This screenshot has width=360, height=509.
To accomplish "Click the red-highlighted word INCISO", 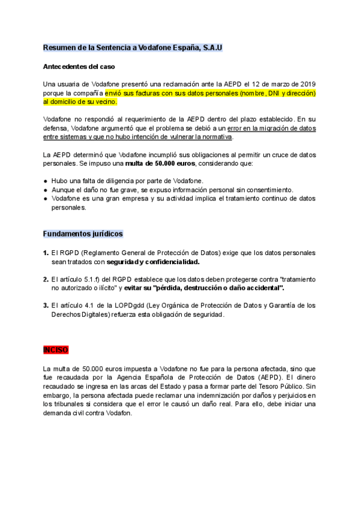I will [56, 350].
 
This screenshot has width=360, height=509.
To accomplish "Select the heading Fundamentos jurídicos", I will [83, 233].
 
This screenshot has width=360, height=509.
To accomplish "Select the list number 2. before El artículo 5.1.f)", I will [46, 279].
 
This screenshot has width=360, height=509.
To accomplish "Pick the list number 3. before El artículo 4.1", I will [46, 306].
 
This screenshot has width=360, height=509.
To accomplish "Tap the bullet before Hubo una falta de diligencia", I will [46, 181].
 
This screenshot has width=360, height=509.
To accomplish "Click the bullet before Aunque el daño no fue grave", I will [46, 190].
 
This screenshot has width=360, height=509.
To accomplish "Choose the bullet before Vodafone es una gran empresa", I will [46, 198].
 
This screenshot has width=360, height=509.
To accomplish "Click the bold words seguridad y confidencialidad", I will [153, 262].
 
